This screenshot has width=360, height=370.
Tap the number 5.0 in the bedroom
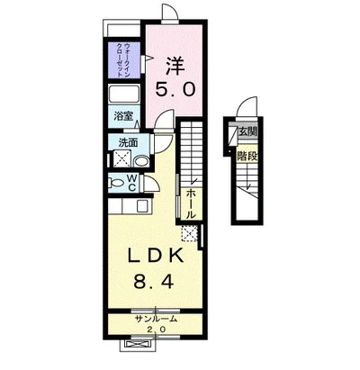(175, 89)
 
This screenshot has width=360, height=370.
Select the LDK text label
(156, 257)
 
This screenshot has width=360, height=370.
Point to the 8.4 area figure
(154, 282)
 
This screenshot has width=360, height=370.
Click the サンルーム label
(156, 319)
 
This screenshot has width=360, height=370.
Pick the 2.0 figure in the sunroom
(156, 329)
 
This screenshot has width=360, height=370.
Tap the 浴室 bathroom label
(123, 116)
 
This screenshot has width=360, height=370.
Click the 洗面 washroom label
(128, 142)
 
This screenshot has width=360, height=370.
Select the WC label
(131, 183)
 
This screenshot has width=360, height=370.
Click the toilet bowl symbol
(116, 183)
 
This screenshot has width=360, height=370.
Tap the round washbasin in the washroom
(140, 162)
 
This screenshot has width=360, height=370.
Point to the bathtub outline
(123, 95)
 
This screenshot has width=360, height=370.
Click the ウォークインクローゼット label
(123, 60)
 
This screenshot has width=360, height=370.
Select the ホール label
(191, 204)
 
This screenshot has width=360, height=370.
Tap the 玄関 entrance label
(248, 131)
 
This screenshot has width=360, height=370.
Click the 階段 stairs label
(247, 156)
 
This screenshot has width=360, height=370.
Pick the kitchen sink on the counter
(142, 206)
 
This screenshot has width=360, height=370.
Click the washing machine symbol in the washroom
(121, 158)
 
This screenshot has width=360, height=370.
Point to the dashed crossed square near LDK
(190, 233)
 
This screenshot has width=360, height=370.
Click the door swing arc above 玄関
(248, 102)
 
